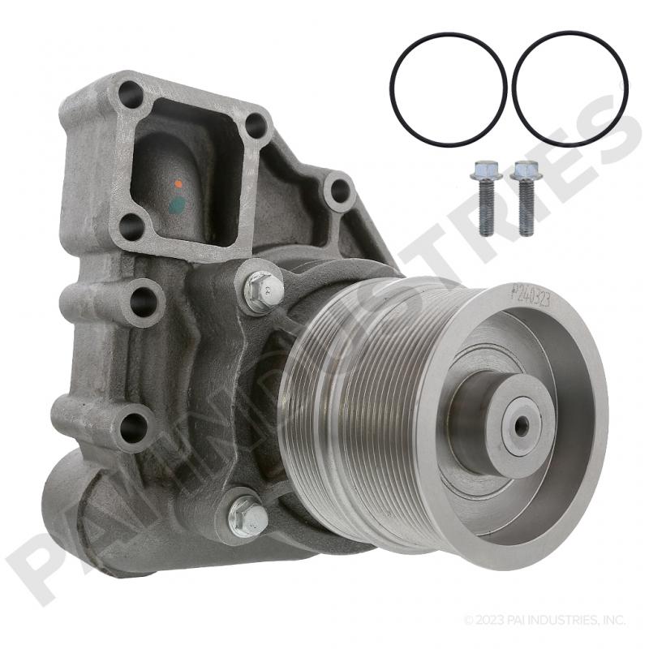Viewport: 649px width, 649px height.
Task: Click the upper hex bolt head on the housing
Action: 263,289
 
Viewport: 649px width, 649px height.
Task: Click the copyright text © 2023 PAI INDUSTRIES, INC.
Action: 544,621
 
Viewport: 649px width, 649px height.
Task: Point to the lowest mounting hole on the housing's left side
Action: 130,422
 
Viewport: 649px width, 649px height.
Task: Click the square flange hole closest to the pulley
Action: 256,126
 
